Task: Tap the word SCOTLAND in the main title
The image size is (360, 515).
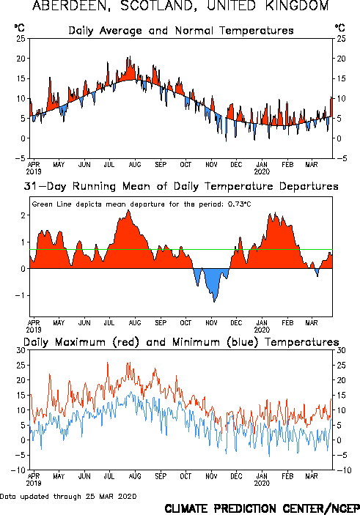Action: [x=159, y=6]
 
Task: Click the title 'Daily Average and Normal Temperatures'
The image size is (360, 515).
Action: [x=181, y=31]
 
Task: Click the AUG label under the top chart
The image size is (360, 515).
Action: [x=135, y=165]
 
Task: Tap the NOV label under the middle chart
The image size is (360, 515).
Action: [x=211, y=323]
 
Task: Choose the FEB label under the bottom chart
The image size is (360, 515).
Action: [x=287, y=476]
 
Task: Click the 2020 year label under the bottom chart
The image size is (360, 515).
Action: [x=262, y=483]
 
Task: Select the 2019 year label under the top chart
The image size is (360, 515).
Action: [x=34, y=171]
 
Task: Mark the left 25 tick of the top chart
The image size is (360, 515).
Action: [x=21, y=39]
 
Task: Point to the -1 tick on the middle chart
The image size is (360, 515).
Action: [x=21, y=295]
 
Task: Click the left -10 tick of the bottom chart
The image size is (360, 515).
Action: [x=18, y=470]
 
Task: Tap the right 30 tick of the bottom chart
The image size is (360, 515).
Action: [x=341, y=350]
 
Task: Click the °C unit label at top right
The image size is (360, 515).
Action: [x=340, y=28]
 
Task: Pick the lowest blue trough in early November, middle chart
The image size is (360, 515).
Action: [x=214, y=302]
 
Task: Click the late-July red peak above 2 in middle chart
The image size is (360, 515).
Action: [x=128, y=210]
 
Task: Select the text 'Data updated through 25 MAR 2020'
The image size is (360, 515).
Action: [x=68, y=496]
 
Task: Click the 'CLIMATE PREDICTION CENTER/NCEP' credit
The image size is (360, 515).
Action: [x=262, y=508]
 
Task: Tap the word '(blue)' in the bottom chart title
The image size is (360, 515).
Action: [x=243, y=342]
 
